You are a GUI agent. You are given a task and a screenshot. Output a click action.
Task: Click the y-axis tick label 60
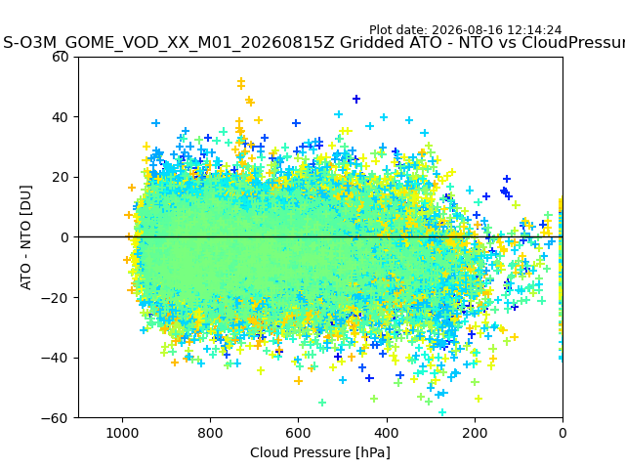coord(61,57)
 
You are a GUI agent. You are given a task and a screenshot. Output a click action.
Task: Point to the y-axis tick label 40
coord(61,117)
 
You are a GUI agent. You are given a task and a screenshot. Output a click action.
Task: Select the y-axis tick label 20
coord(61,178)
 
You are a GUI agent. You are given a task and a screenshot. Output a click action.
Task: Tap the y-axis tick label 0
coord(64,237)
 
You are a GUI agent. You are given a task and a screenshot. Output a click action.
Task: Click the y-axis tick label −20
coord(55,298)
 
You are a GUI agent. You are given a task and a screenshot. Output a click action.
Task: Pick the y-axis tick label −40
coord(55,359)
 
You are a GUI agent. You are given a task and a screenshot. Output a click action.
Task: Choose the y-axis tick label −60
coord(55,418)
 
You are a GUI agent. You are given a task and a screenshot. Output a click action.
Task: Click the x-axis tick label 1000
coord(122,433)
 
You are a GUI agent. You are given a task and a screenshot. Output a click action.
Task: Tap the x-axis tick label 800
coord(211,433)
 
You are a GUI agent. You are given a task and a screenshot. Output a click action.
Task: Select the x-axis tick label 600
coord(298,433)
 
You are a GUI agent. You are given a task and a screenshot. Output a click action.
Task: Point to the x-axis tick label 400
coord(387,433)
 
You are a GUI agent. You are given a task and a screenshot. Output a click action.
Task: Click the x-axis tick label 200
coord(475,433)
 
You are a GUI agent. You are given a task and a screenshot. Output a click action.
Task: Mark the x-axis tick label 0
coord(562,433)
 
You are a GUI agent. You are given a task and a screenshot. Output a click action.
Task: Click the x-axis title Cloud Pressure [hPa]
coord(320,452)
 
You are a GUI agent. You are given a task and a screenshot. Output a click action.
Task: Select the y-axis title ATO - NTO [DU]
coord(26,237)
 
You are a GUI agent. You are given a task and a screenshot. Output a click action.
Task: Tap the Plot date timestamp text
coord(465,30)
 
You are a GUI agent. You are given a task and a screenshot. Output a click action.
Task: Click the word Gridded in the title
coord(366,42)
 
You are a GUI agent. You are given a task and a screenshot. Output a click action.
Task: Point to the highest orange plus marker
coord(241,82)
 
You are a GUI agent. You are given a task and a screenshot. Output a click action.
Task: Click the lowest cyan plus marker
coord(442,412)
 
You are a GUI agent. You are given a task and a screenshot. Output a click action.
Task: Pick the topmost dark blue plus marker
coord(356,99)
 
